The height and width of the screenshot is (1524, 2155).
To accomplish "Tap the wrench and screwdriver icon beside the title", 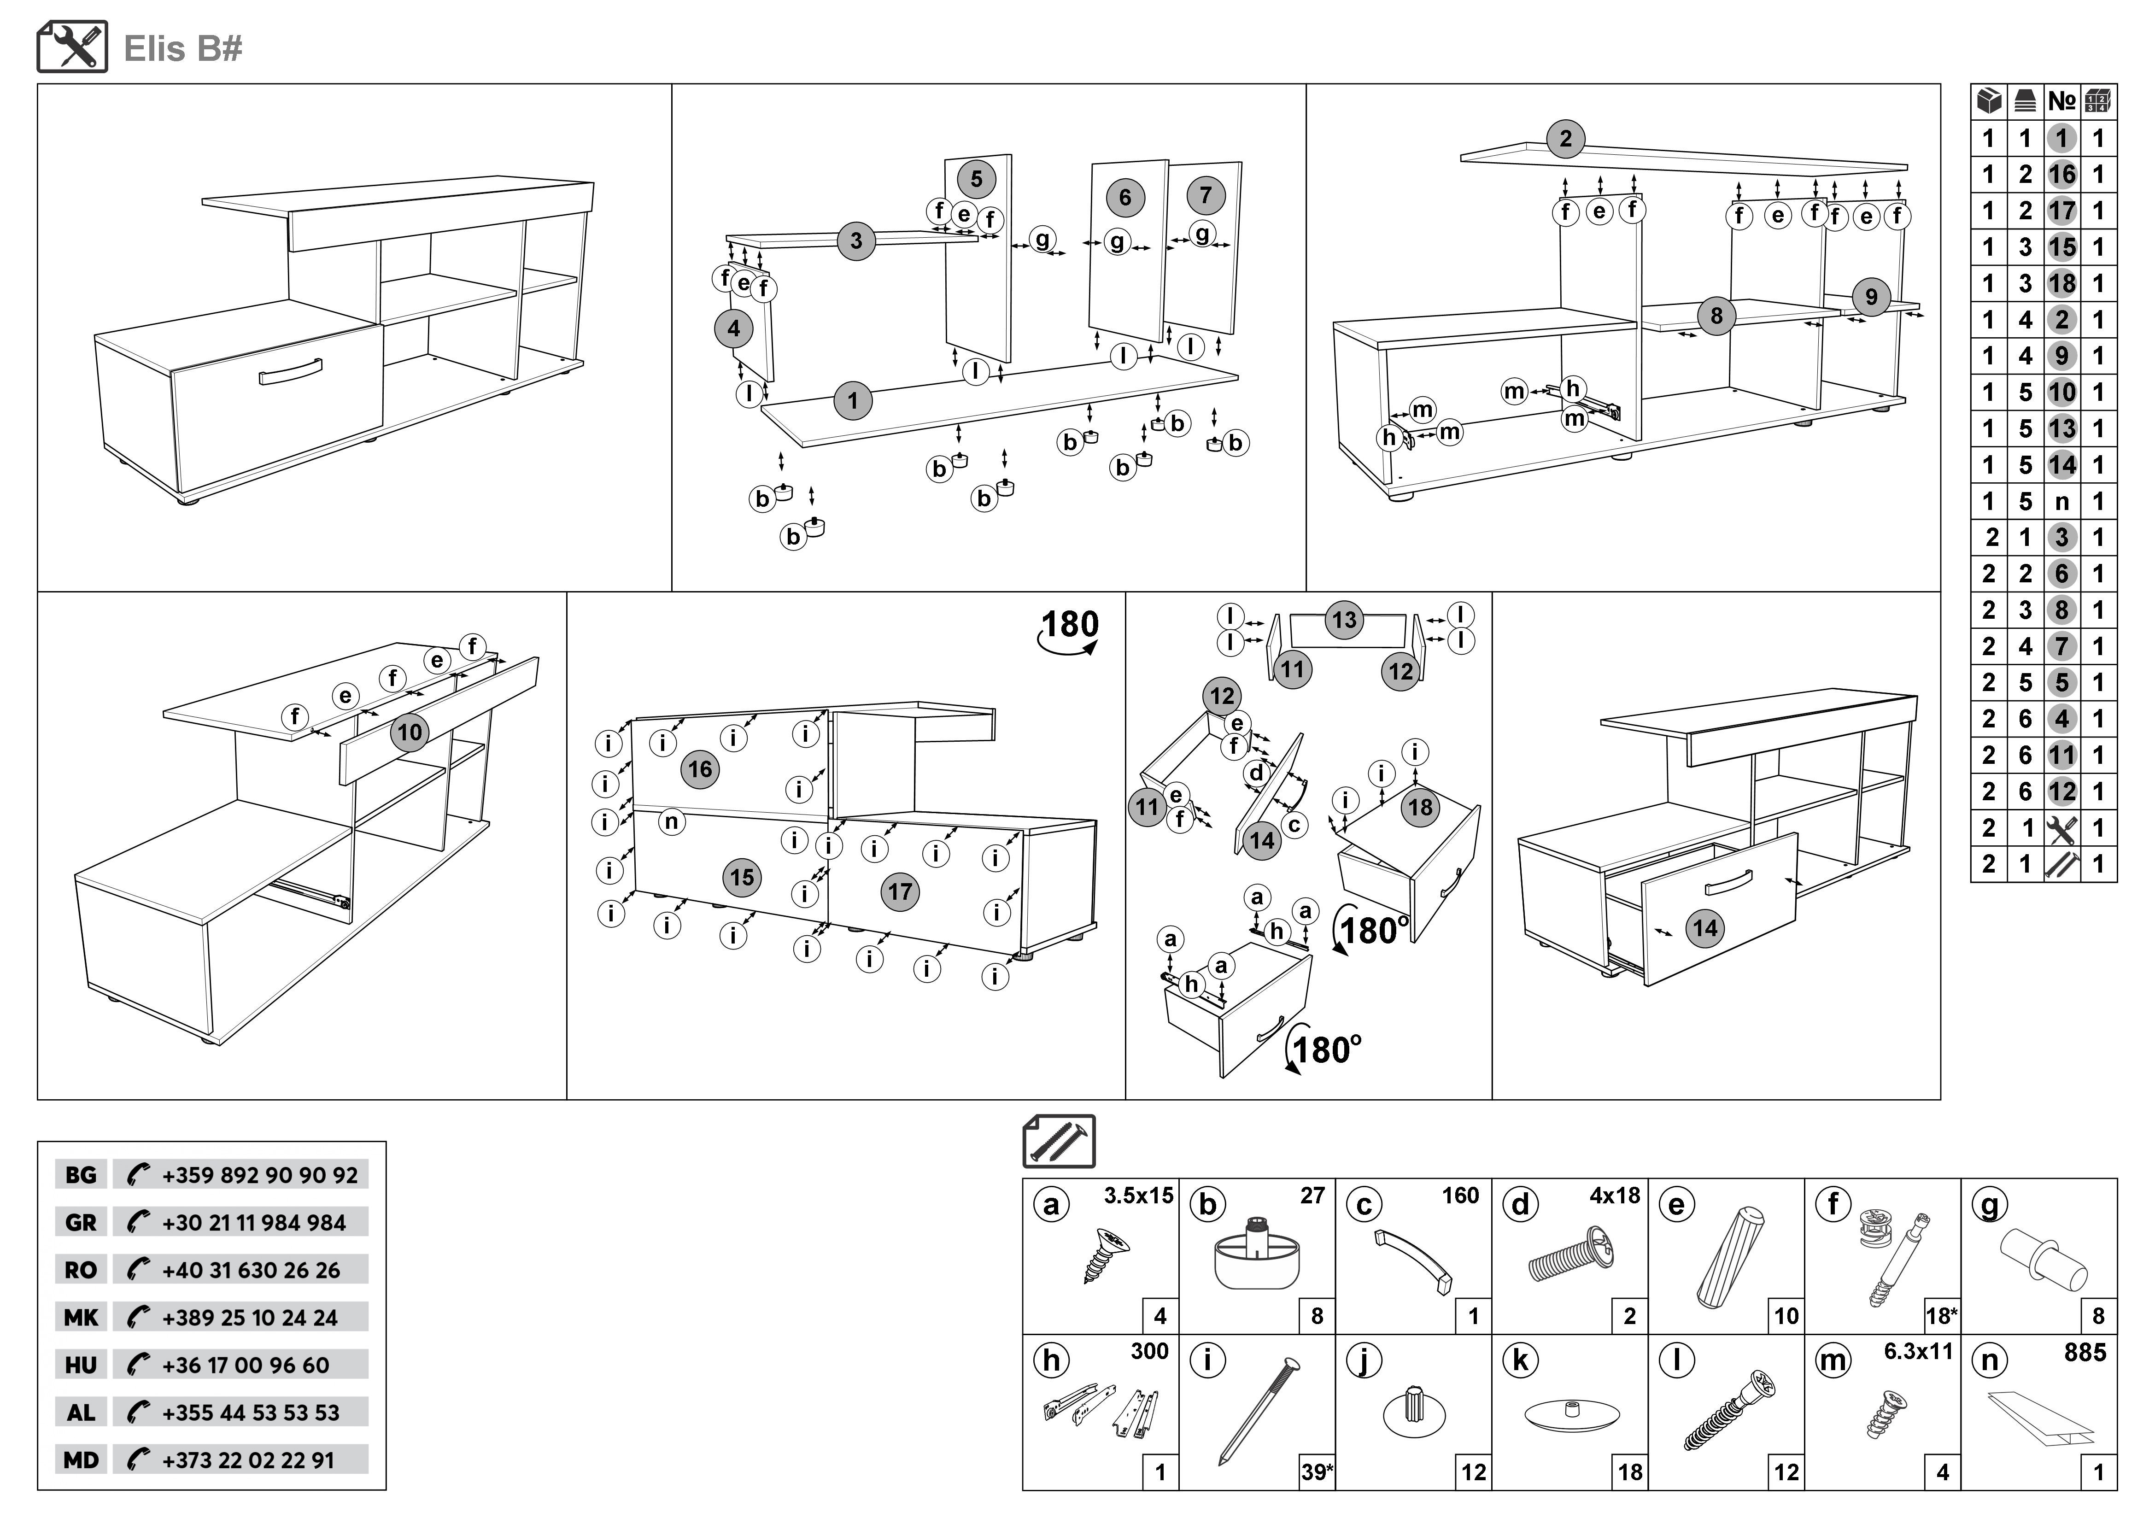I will point(72,47).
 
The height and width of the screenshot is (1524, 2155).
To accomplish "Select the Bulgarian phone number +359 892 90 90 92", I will point(259,1175).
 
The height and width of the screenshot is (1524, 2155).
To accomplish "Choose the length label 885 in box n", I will point(2085,1352).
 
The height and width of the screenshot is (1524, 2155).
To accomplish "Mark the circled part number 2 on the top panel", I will point(1564,139).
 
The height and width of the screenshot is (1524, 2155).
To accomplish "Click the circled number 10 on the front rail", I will point(409,732).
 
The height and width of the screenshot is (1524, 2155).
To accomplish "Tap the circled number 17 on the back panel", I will point(899,891).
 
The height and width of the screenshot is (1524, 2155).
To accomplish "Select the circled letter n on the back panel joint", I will point(671,822).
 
